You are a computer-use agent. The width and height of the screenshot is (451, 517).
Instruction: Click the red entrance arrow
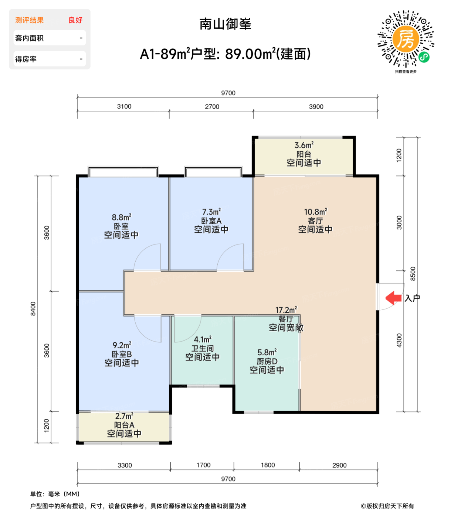394,298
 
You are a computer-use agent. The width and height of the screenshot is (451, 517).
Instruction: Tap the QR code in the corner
406,39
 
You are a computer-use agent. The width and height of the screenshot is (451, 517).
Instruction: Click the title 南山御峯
225,24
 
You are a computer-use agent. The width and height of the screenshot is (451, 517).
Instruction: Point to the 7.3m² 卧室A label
211,221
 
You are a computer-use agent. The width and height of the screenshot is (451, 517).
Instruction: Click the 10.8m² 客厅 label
315,221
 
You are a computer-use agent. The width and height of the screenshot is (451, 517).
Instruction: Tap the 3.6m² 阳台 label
304,154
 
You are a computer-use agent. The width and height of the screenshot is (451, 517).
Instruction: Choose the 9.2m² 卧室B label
122,354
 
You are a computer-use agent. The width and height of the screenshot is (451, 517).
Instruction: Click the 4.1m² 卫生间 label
203,348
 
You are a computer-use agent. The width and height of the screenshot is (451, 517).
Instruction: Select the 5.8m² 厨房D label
267,361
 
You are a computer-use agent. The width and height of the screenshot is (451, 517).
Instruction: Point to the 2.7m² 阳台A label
124,425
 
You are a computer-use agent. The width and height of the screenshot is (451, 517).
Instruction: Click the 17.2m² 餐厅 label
286,319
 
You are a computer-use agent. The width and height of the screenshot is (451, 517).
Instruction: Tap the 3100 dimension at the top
124,106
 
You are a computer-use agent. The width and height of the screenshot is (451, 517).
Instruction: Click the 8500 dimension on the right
413,274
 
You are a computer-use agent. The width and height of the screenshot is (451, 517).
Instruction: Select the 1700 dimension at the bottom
203,465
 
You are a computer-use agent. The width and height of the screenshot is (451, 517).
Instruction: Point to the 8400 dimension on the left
33,309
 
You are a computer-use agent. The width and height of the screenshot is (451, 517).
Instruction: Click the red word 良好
75,20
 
